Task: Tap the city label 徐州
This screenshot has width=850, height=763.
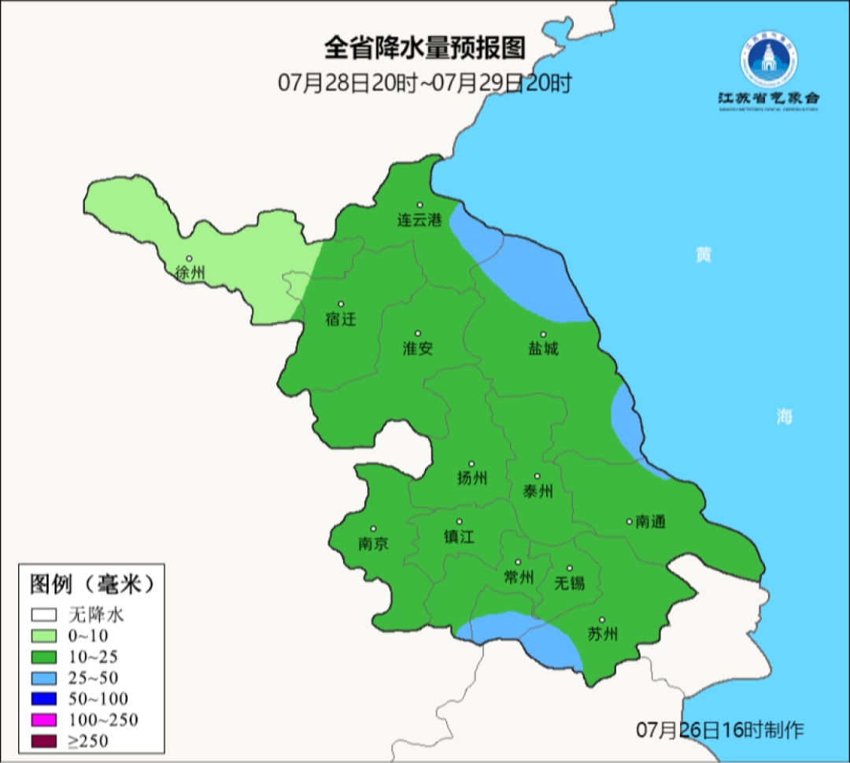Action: pyautogui.click(x=190, y=273)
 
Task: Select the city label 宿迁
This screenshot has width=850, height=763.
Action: pyautogui.click(x=341, y=320)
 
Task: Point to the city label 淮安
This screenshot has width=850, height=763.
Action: pyautogui.click(x=418, y=349)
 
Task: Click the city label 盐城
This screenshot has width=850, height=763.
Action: pyautogui.click(x=543, y=349)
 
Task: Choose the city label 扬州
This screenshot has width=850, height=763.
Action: pyautogui.click(x=472, y=478)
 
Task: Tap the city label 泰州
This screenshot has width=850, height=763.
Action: pyautogui.click(x=538, y=491)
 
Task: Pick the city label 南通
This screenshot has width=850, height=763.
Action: pyautogui.click(x=650, y=521)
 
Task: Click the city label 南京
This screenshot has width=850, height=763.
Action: pyautogui.click(x=373, y=544)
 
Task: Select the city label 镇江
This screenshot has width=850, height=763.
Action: pyautogui.click(x=460, y=536)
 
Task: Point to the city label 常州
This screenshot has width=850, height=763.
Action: pyautogui.click(x=519, y=577)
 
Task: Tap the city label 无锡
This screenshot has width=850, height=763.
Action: pyautogui.click(x=570, y=583)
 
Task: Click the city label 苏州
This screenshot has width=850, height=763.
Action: pyautogui.click(x=603, y=635)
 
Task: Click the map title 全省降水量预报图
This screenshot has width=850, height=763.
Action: pyautogui.click(x=424, y=49)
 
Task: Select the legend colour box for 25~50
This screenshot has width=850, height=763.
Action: pyautogui.click(x=44, y=678)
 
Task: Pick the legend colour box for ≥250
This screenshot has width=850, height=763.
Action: pyautogui.click(x=44, y=741)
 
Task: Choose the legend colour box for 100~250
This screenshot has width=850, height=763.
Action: pyautogui.click(x=44, y=720)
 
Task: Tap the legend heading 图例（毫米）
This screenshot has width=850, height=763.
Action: pyautogui.click(x=91, y=584)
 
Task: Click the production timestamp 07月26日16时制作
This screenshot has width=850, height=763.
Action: pyautogui.click(x=720, y=730)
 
